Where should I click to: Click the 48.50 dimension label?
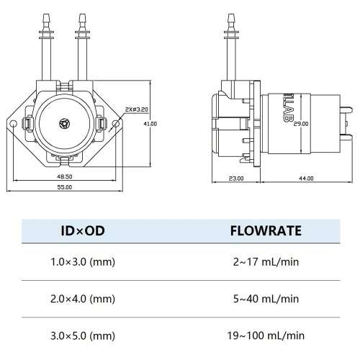[x=65, y=176]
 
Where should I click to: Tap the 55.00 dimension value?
[x=65, y=187]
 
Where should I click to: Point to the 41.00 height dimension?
[x=150, y=124]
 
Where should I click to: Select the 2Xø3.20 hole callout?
[x=137, y=109]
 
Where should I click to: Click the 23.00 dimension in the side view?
[x=236, y=179]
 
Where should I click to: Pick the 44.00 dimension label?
[x=306, y=179]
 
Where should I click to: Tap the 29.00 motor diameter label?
[x=301, y=124]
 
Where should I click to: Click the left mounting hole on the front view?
[x=13, y=124]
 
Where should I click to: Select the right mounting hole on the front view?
[x=116, y=124]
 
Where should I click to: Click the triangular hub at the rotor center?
[x=64, y=124]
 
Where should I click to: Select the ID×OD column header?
[x=83, y=230]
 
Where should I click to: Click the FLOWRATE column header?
[x=266, y=230]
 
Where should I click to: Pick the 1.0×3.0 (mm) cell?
[x=83, y=261]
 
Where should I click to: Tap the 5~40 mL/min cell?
[x=266, y=299]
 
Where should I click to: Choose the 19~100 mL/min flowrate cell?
[x=266, y=336]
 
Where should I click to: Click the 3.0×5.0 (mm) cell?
[x=83, y=336]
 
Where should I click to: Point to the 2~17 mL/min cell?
[x=266, y=261]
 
